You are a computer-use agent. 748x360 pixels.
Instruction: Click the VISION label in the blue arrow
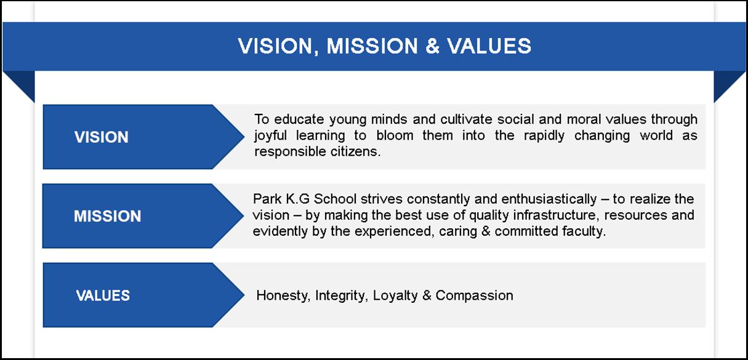click(101, 137)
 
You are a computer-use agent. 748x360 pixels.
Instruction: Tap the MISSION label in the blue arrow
click(108, 216)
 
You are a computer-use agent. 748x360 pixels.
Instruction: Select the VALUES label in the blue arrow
click(103, 295)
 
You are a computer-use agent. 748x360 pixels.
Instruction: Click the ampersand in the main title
click(432, 46)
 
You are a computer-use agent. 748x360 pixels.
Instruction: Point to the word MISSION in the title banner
click(372, 46)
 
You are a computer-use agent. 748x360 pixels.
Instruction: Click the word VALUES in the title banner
click(489, 46)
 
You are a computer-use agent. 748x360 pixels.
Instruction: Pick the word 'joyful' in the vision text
click(270, 136)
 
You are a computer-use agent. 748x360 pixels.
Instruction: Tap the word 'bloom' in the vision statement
click(395, 135)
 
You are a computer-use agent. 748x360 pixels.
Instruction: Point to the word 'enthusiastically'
click(549, 199)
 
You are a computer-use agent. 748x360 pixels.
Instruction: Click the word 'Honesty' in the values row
click(281, 295)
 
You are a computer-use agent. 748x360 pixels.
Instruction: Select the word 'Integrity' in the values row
click(340, 295)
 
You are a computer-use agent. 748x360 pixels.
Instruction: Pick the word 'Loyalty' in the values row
click(395, 295)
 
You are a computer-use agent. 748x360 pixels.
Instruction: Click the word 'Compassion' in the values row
click(474, 295)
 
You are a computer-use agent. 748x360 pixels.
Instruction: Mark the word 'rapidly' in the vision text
click(544, 136)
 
